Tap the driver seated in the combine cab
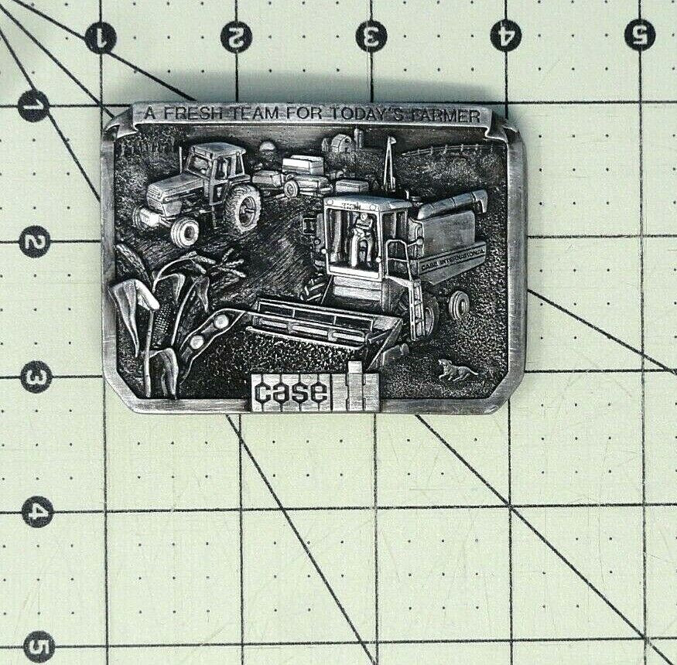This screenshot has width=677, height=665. [x=361, y=236]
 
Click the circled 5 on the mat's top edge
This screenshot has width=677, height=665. [x=640, y=35]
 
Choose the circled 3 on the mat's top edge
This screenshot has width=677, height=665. [x=371, y=36]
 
